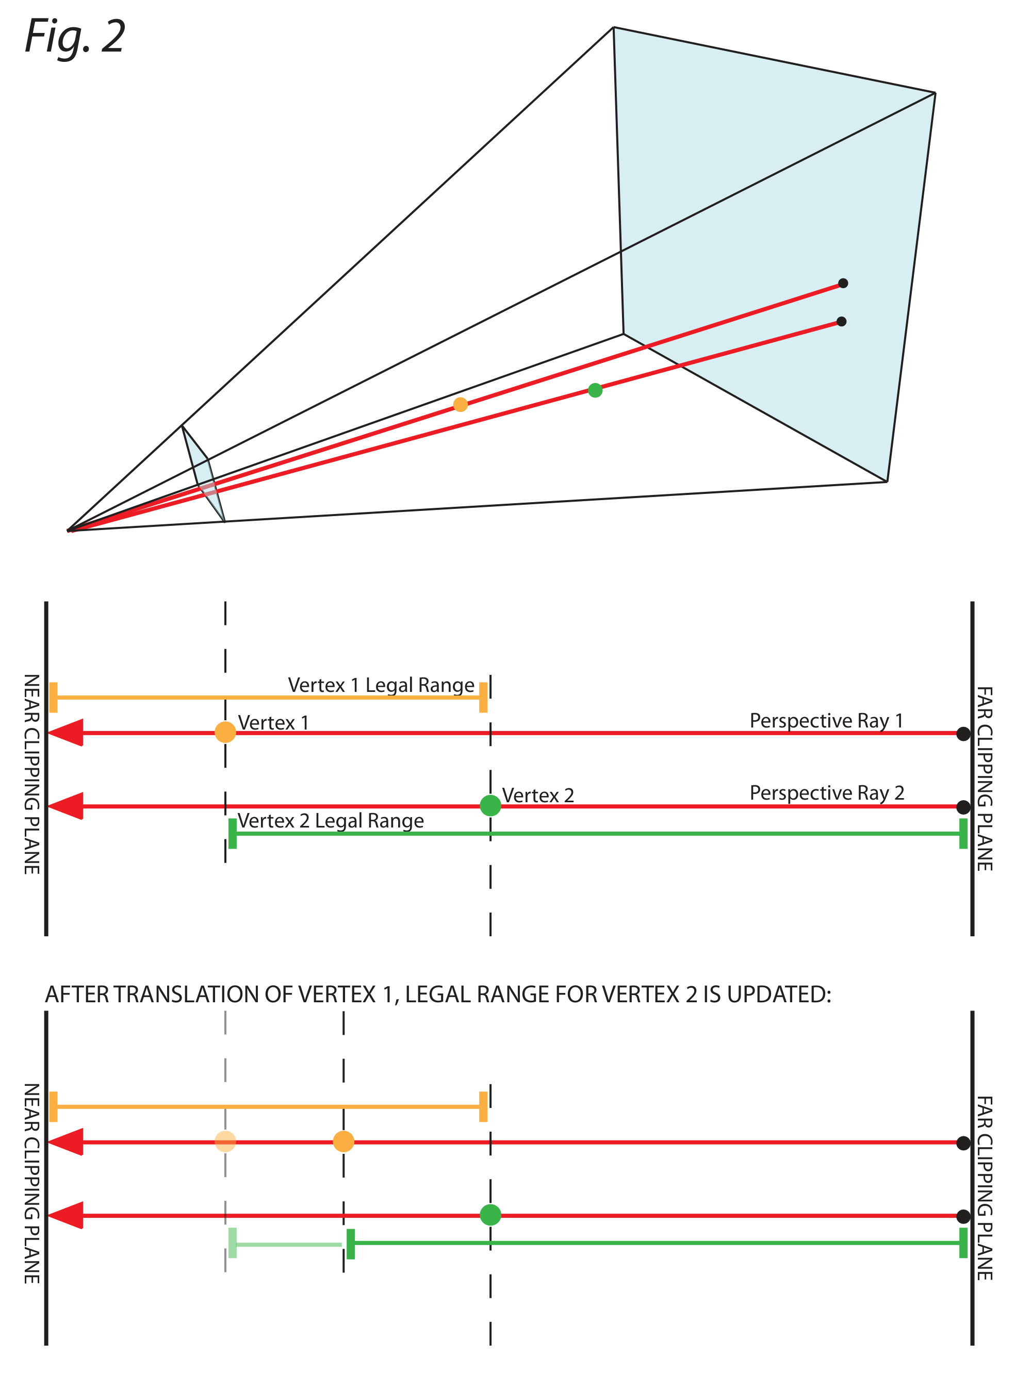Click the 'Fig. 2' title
[x=75, y=37]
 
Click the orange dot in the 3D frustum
[x=460, y=404]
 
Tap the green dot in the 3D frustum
[x=595, y=390]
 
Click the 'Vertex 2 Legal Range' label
[x=331, y=821]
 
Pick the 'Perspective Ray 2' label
[x=827, y=793]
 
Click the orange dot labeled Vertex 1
[x=225, y=732]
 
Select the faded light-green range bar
[x=286, y=1245]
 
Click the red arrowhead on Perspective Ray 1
[x=66, y=733]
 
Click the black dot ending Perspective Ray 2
[x=963, y=806]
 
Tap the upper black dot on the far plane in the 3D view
[x=843, y=283]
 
